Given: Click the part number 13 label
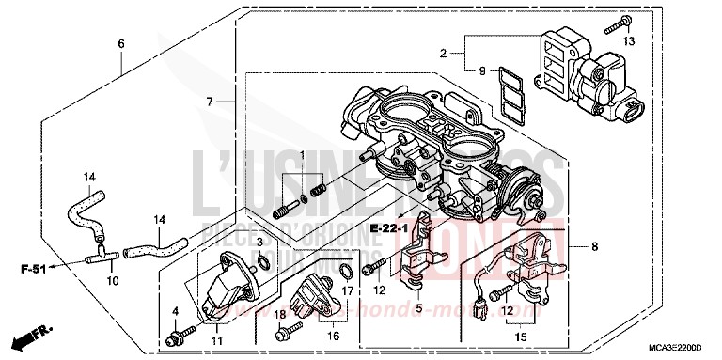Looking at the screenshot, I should tap(630, 40).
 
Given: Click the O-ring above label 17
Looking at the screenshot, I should tap(346, 272).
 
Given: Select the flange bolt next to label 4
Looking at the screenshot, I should tap(176, 337).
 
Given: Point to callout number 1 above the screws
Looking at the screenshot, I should tap(302, 153).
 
